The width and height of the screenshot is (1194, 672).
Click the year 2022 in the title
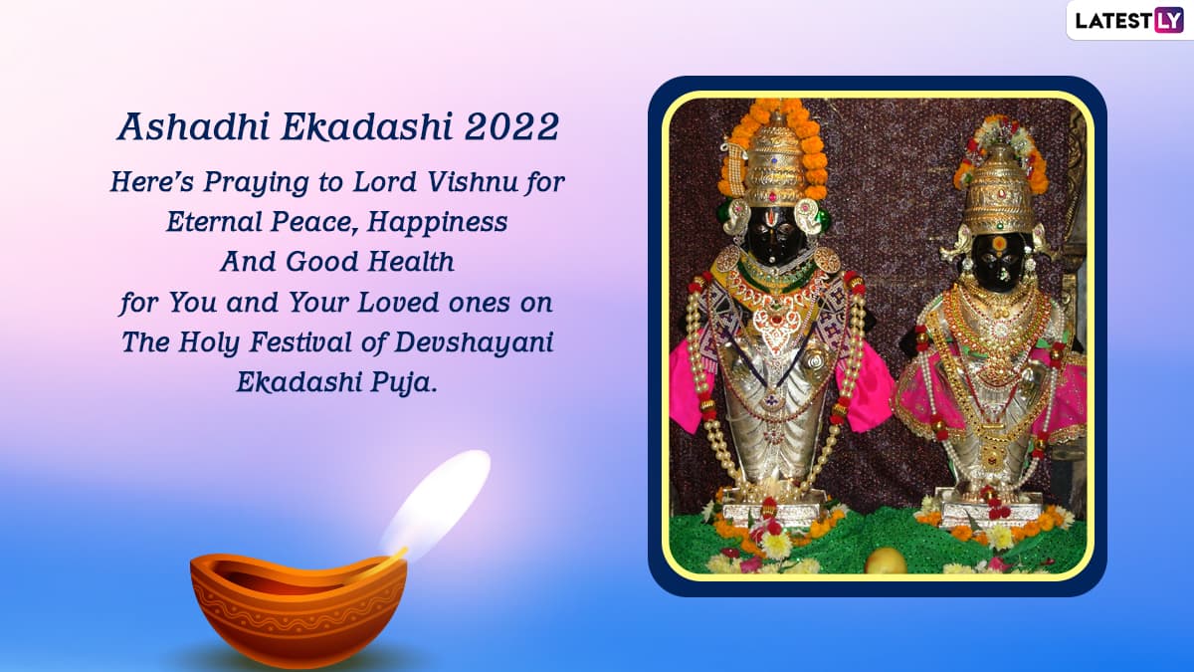tap(511, 127)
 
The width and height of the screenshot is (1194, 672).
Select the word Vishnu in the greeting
tap(473, 182)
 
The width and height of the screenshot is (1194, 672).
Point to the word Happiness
tap(437, 222)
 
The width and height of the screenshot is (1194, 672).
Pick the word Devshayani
tap(474, 342)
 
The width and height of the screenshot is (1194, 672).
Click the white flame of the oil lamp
tap(436, 502)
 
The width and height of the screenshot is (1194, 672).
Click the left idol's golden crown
tap(774, 161)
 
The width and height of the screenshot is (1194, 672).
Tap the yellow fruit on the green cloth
tap(886, 560)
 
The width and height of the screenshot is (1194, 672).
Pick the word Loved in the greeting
tap(399, 303)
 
